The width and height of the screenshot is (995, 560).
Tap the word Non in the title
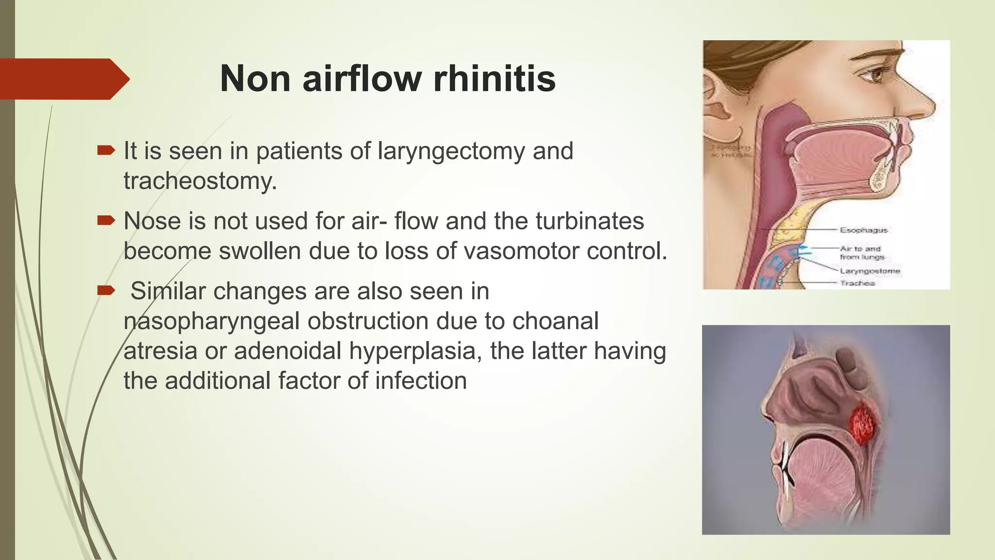click(x=255, y=79)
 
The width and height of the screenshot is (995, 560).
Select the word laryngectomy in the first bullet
click(x=451, y=151)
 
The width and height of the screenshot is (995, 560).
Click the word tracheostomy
click(x=200, y=181)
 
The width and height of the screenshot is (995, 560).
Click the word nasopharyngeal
click(x=211, y=321)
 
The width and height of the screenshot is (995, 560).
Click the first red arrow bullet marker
click(x=105, y=151)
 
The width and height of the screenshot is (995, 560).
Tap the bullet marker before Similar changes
click(x=105, y=291)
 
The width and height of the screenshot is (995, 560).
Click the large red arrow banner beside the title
click(x=63, y=79)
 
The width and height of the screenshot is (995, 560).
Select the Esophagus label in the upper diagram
click(x=864, y=230)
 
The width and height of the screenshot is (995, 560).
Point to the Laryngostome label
click(x=870, y=271)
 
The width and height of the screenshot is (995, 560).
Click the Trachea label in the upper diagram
click(x=858, y=283)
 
